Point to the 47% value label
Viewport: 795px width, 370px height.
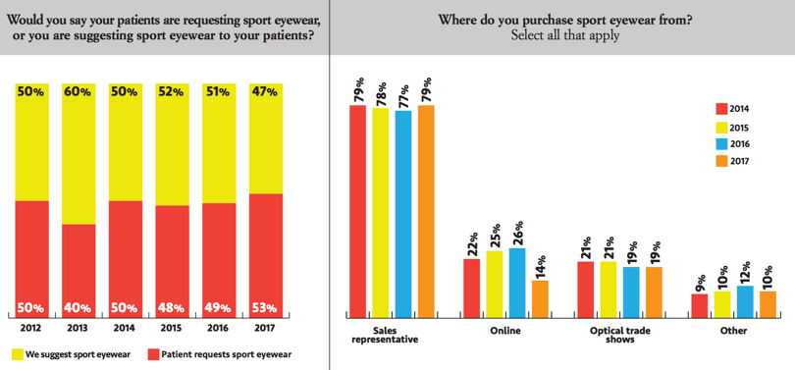pos(265,91)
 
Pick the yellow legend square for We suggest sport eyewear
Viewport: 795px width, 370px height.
pos(18,353)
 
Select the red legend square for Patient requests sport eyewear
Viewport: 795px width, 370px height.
pos(153,353)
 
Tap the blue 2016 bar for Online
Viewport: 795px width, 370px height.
pos(517,283)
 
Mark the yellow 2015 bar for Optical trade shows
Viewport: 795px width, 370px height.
pos(609,289)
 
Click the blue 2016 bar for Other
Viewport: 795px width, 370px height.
pos(745,301)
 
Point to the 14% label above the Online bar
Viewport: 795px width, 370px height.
pos(540,265)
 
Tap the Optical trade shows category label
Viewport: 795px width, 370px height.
pos(619,334)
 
